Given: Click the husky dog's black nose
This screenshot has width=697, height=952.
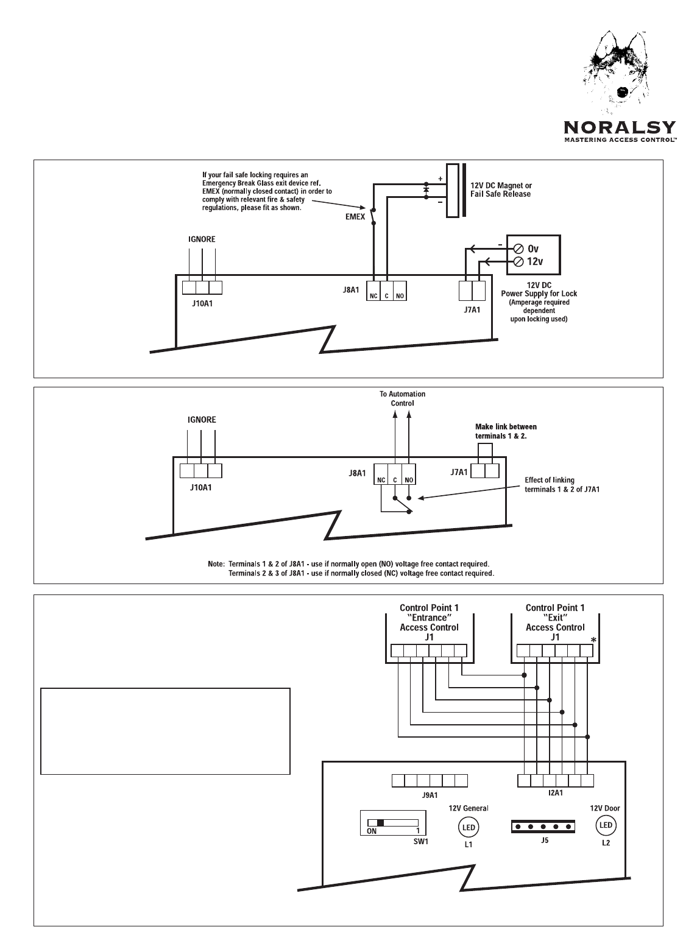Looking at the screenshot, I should (x=622, y=91).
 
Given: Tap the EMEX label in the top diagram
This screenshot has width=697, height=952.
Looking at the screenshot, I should (x=355, y=215).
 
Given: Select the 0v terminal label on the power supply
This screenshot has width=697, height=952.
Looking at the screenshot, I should (x=534, y=249).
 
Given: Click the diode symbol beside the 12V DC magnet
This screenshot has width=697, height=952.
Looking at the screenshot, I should (x=426, y=189).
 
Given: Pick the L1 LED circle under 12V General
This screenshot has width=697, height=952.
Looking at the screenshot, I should (x=469, y=827).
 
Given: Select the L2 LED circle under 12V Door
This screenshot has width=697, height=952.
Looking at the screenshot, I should (x=605, y=825).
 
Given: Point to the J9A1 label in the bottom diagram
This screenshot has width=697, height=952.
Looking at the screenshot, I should (x=430, y=795).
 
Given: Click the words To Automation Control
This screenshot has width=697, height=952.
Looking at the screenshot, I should (x=402, y=398).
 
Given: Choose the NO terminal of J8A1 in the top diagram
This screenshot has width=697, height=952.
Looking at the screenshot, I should (x=400, y=297).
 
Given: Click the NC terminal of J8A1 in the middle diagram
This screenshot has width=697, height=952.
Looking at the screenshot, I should (x=381, y=480).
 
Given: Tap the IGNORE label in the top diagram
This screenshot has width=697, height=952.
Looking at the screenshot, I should (x=201, y=239).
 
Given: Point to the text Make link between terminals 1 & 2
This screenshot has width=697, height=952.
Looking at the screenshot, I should (x=506, y=431).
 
